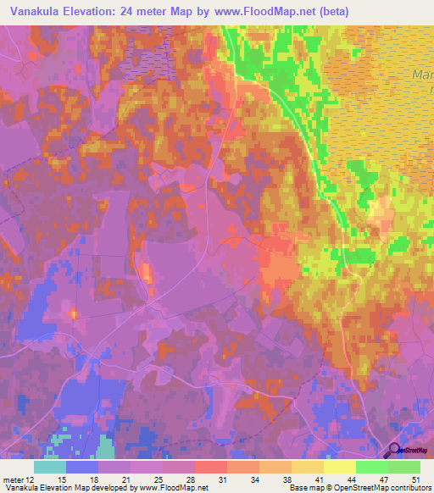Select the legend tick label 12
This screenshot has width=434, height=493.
tap(31, 479)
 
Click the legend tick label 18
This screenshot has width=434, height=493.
tap(98, 479)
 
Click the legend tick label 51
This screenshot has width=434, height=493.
tap(415, 479)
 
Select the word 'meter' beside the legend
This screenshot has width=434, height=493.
tap(14, 479)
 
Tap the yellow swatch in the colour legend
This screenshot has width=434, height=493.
tap(339, 467)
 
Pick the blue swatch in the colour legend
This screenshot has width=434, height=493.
tap(81, 467)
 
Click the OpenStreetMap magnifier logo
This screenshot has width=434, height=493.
tap(395, 451)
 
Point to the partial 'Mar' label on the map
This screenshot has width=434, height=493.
tap(422, 75)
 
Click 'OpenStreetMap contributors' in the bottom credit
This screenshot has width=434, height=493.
tap(385, 488)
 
